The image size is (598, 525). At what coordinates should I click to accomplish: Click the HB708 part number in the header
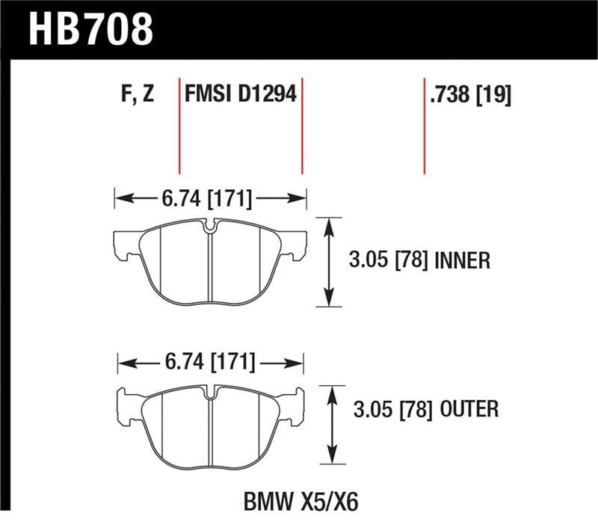tap(90, 28)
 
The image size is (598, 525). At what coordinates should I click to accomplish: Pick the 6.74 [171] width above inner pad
tap(206, 200)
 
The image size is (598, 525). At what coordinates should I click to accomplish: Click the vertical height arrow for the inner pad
tap(327, 261)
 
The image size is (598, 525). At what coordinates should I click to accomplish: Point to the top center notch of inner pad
tap(210, 225)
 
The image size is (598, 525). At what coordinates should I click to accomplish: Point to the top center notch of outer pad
tap(212, 391)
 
